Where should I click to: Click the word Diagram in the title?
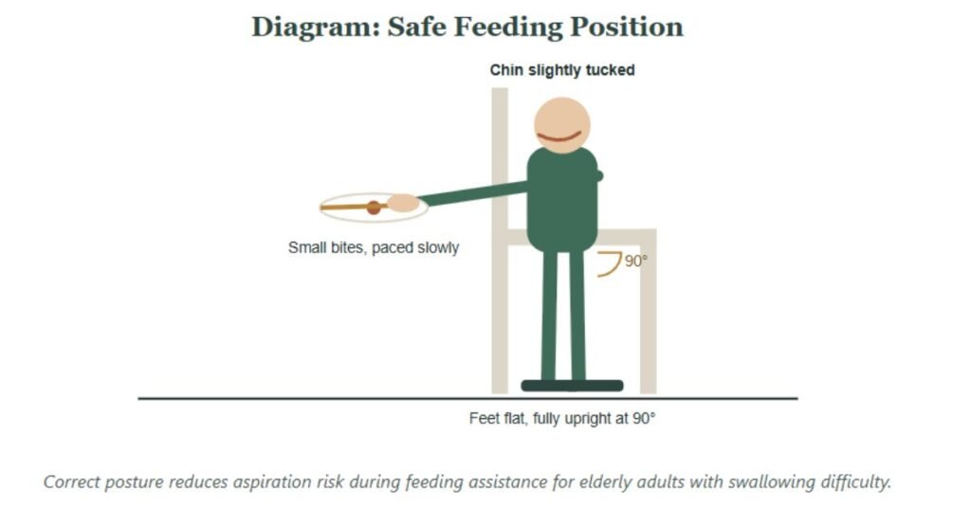click(315, 27)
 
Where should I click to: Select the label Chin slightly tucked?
click(562, 70)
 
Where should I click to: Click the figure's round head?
click(562, 124)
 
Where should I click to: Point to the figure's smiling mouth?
click(559, 136)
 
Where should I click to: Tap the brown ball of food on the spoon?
click(374, 208)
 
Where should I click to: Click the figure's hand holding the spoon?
click(403, 203)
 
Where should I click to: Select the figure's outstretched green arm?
click(474, 193)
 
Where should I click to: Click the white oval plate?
click(374, 208)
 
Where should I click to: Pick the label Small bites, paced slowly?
click(374, 247)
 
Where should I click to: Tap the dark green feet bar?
click(572, 386)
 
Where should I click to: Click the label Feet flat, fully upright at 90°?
click(562, 419)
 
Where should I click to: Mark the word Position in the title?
click(627, 27)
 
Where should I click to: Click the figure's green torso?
click(562, 199)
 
